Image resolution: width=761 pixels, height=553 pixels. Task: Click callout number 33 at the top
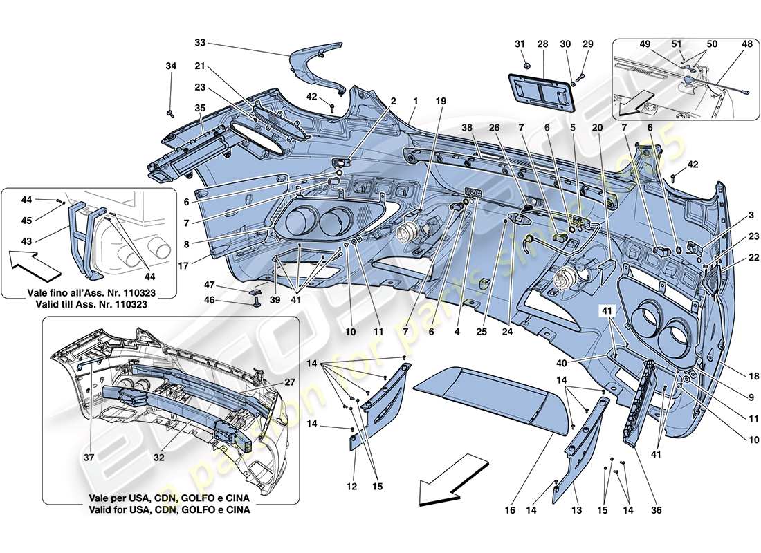point(200,43)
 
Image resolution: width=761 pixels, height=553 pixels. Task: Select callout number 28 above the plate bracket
point(543,44)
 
